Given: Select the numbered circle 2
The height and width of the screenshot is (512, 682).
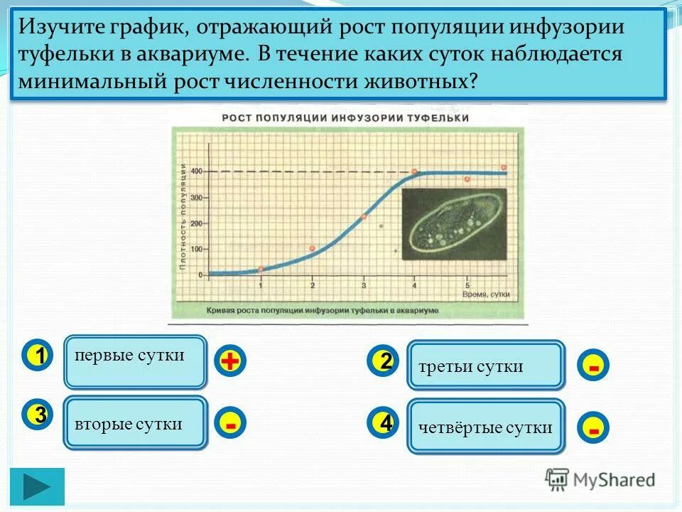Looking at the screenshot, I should point(384,361).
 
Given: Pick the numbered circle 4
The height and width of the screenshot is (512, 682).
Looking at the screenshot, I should point(384,423).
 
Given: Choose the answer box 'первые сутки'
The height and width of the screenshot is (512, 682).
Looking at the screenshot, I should point(136,361).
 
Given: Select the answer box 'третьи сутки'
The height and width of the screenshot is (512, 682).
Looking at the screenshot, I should point(486,366).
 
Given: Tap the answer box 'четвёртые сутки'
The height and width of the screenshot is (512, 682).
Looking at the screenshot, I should point(486,427).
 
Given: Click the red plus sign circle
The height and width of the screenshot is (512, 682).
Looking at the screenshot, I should point(229,361).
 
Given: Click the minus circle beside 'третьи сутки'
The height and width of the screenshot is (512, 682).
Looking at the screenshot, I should point(593,366).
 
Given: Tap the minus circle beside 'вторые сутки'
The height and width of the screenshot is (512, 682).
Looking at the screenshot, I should point(229,424).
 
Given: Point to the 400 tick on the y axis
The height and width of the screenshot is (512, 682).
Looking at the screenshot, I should point(195,171).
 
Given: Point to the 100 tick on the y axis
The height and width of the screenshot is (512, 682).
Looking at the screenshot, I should point(195,249).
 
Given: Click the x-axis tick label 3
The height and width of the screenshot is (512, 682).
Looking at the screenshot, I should point(364,285).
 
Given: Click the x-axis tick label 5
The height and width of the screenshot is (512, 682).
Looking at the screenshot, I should point(467,285).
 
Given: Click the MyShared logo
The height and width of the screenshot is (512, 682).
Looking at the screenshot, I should point(600,479).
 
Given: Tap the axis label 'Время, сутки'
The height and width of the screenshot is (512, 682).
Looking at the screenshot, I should point(486,293).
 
